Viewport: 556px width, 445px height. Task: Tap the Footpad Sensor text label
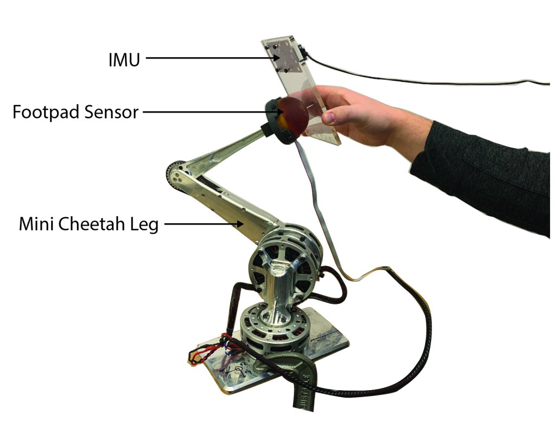75,112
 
